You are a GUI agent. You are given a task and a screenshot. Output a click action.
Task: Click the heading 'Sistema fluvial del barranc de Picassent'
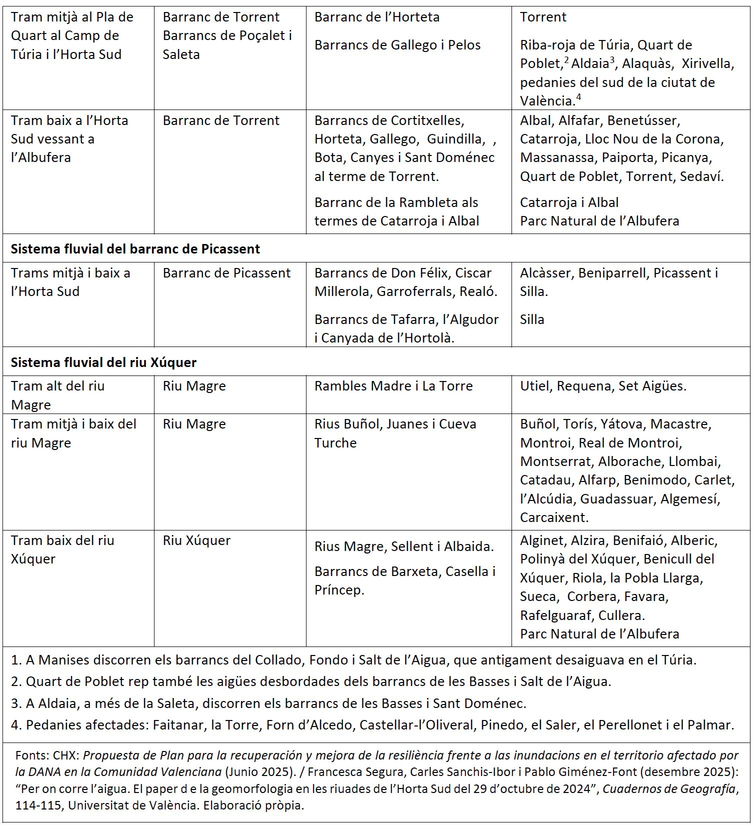(x=135, y=249)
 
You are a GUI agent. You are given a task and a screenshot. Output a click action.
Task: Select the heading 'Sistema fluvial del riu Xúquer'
(x=103, y=362)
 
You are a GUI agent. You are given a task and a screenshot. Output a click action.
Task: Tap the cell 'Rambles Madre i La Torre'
(x=393, y=386)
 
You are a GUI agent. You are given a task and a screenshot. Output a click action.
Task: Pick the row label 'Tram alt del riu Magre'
(x=57, y=395)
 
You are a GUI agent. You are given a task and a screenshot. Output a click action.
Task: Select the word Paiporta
(x=627, y=157)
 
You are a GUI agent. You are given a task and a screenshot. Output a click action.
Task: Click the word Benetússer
(x=643, y=120)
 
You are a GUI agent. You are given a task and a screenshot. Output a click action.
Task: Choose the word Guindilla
(x=455, y=139)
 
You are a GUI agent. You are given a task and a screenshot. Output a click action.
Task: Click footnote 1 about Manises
(x=353, y=660)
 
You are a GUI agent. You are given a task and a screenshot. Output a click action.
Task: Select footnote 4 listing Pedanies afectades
(x=372, y=725)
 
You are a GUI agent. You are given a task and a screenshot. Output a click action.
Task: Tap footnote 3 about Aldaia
(x=268, y=703)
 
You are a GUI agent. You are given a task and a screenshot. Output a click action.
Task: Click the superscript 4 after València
(x=578, y=97)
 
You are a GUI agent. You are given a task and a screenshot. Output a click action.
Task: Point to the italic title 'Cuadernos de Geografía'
(x=670, y=789)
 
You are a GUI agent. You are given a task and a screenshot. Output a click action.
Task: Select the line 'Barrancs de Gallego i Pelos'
(x=397, y=45)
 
